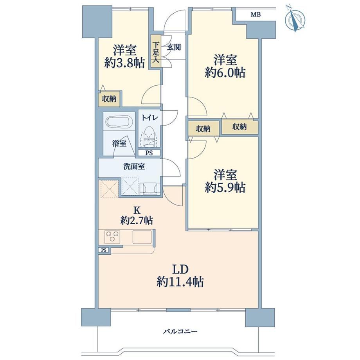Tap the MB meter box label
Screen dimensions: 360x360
256,15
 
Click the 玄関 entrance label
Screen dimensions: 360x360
174,47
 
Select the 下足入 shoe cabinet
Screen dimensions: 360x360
156,51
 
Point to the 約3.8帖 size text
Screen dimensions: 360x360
125,63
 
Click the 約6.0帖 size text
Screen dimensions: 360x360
225,72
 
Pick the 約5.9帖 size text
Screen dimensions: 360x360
225,187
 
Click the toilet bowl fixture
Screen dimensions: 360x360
149,137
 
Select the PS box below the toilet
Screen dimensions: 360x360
149,153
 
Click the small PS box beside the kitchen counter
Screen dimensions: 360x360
104,250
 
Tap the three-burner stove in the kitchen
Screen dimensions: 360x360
112,237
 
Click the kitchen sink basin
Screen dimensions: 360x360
142,237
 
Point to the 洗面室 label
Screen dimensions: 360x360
134,166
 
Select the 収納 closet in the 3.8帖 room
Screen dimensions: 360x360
109,99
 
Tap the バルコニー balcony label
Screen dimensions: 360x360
180,331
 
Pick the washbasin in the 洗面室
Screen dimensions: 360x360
149,188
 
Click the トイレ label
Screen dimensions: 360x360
149,118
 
